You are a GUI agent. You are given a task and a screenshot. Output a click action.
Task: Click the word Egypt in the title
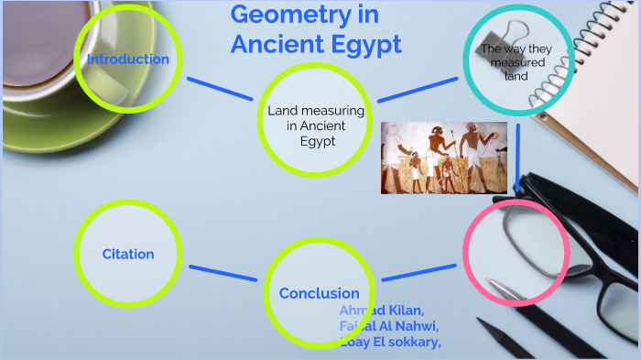click(361, 44)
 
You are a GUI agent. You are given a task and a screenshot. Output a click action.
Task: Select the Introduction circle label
click(128, 60)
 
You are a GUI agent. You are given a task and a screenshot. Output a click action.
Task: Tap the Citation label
click(128, 254)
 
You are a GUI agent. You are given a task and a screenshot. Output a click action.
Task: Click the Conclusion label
click(319, 293)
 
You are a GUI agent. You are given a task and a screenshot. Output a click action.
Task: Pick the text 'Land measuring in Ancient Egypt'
click(316, 126)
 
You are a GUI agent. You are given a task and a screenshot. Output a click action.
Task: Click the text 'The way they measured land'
click(513, 61)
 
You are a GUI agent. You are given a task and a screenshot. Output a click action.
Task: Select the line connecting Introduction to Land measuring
click(219, 88)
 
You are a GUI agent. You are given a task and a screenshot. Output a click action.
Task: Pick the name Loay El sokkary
click(390, 342)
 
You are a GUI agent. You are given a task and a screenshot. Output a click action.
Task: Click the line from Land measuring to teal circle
click(418, 88)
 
